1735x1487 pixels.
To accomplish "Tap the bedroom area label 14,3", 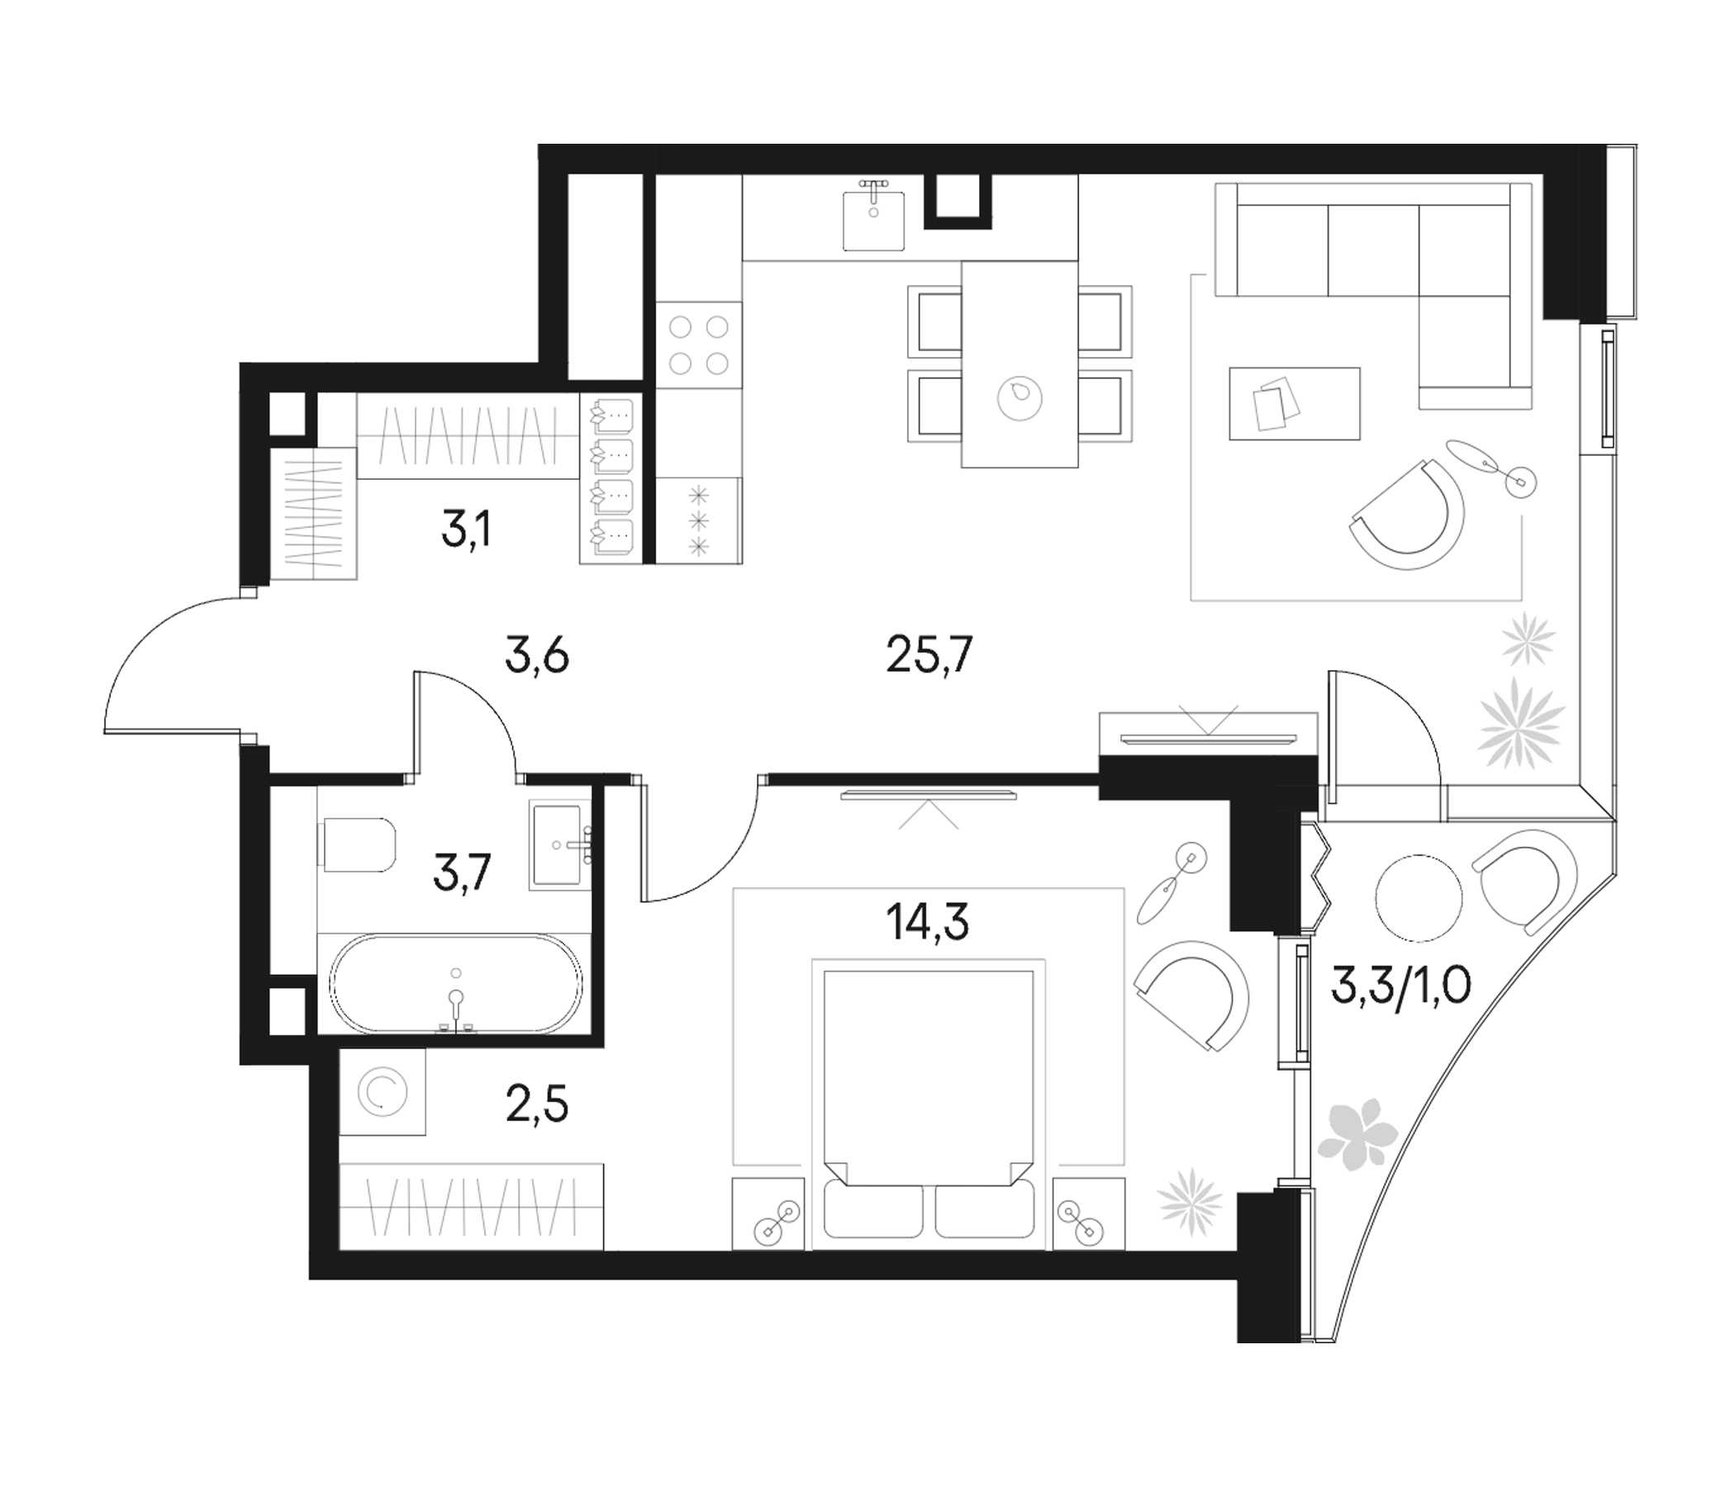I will coord(927,923).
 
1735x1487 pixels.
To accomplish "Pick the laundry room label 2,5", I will coord(537,1105).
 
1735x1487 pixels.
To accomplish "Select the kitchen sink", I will coord(873,220).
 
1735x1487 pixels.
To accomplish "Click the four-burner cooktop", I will coord(698,344).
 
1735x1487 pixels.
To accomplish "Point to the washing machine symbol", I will coord(383,1092).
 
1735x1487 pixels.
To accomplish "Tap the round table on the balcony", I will coord(1419,896).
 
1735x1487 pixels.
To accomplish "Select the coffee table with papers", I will coord(1294,403).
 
